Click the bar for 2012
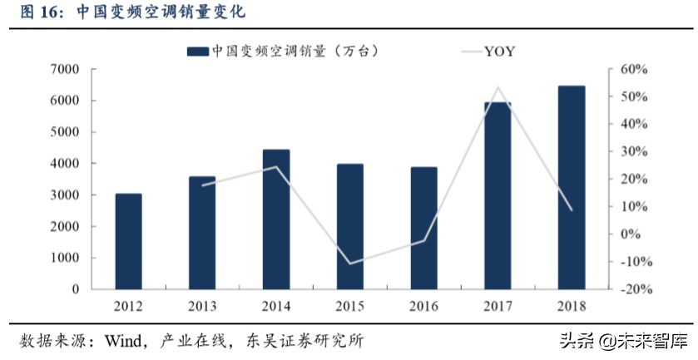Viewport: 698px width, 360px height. (x=128, y=241)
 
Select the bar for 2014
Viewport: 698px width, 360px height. (x=276, y=219)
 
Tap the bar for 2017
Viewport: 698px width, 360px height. (x=498, y=196)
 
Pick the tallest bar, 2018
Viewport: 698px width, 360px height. (x=572, y=187)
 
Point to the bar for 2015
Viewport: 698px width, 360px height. (x=350, y=226)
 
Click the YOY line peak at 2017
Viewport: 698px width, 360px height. (x=498, y=87)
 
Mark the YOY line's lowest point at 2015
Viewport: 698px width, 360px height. (x=350, y=264)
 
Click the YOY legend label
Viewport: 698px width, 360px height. (x=499, y=52)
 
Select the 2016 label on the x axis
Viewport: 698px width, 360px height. (x=423, y=305)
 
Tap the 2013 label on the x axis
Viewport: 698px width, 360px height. (x=202, y=305)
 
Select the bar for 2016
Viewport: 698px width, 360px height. (x=423, y=229)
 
